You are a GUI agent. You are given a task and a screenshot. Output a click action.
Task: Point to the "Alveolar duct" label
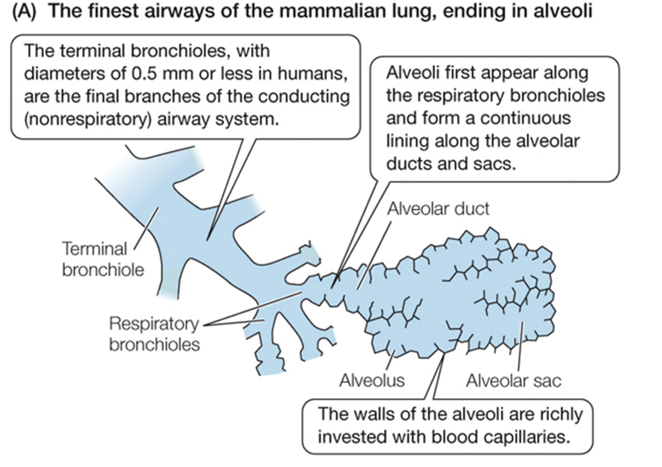point(437,209)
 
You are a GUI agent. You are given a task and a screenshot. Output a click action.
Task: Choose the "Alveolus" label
point(372,380)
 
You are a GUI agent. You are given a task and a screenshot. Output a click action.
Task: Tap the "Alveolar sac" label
point(513,380)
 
